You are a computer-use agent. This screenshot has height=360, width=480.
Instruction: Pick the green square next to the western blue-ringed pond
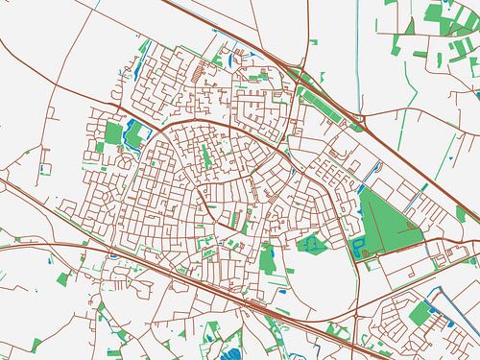click(114, 133)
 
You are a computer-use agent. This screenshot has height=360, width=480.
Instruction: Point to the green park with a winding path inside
click(311, 246)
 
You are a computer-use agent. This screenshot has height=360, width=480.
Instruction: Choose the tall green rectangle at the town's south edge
click(268, 256)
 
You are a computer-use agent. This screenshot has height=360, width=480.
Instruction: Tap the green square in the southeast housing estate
click(419, 315)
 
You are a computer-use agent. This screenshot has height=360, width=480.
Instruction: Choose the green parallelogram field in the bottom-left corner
click(64, 278)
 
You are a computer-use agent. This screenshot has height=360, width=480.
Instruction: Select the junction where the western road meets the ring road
click(154, 133)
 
